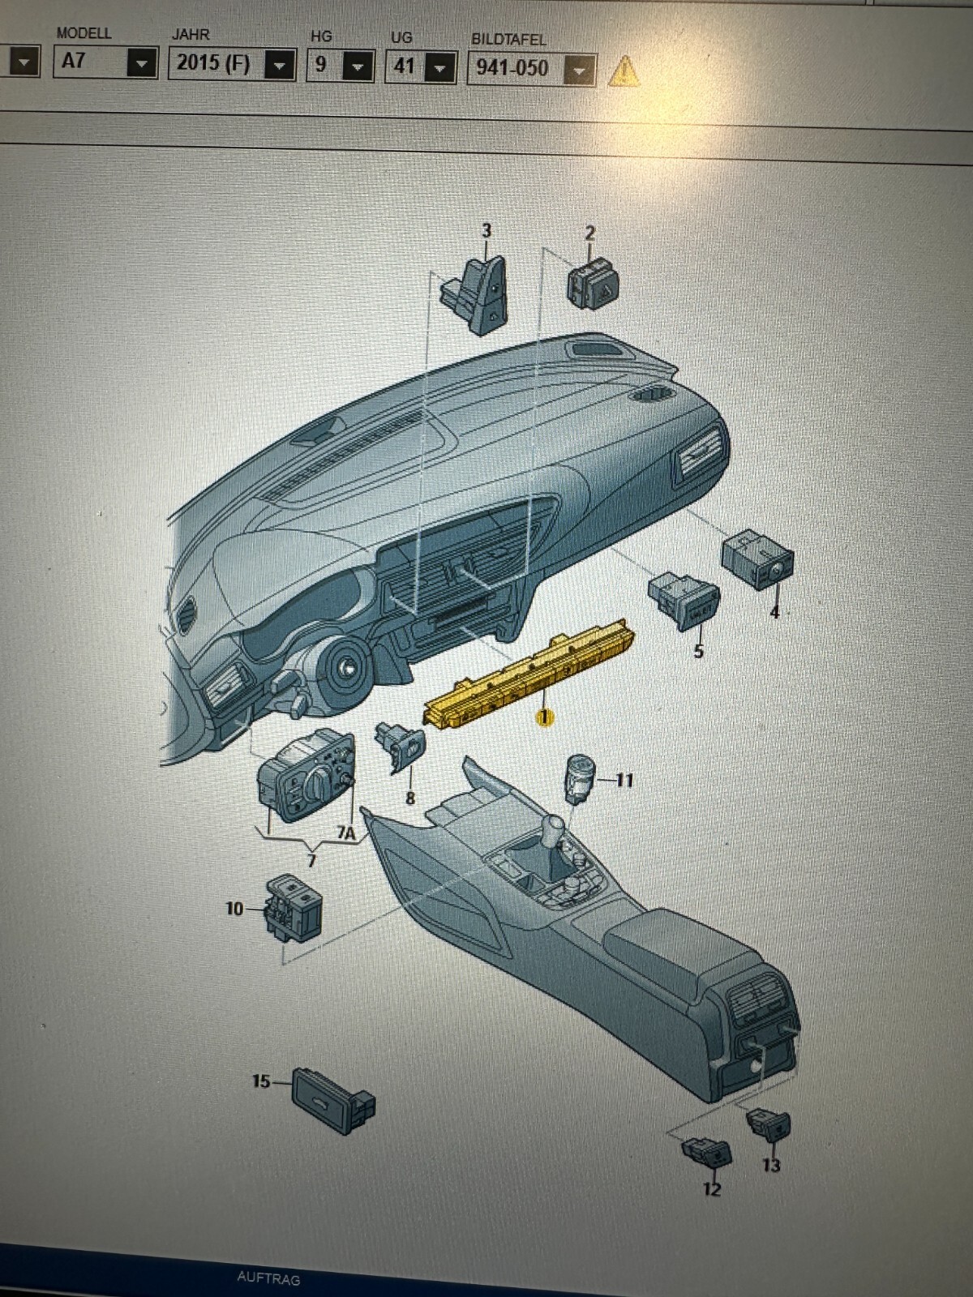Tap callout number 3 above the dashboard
pyautogui.click(x=486, y=231)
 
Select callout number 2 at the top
pyautogui.click(x=590, y=233)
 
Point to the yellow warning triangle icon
pyautogui.click(x=623, y=71)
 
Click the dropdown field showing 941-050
pyautogui.click(x=531, y=68)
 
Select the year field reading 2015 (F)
pyautogui.click(x=231, y=63)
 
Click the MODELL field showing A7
pyautogui.click(x=105, y=61)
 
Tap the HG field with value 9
pyautogui.click(x=339, y=65)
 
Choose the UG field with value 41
pyautogui.click(x=419, y=66)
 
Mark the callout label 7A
pyautogui.click(x=346, y=833)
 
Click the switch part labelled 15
pyautogui.click(x=332, y=1098)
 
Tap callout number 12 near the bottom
pyautogui.click(x=712, y=1189)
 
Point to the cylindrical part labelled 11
pyautogui.click(x=581, y=776)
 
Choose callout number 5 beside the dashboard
pyautogui.click(x=698, y=651)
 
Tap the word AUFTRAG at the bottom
pyautogui.click(x=268, y=1278)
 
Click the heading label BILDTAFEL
pyautogui.click(x=508, y=39)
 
